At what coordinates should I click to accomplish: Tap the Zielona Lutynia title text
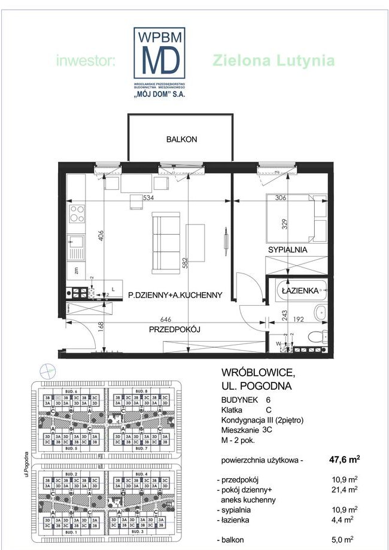tap(273, 60)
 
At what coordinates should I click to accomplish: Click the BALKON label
tap(181, 139)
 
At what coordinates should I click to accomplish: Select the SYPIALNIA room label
tap(287, 250)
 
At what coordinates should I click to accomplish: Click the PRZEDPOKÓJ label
tap(174, 329)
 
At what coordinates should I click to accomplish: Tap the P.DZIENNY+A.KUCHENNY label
tap(175, 294)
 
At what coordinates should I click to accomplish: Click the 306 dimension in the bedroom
tap(281, 197)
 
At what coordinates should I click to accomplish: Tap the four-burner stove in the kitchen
tap(77, 213)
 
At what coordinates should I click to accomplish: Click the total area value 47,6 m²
tap(344, 460)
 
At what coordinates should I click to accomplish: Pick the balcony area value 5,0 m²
tap(349, 540)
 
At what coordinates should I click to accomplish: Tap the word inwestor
tap(87, 60)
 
